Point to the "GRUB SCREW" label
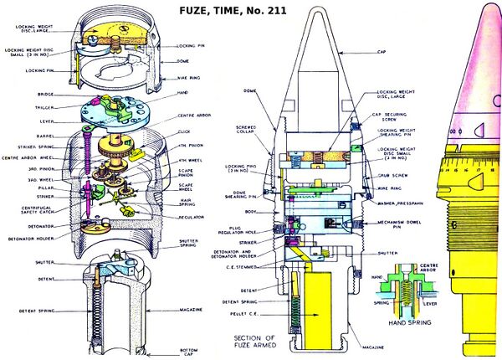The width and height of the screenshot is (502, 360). point(390,177)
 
